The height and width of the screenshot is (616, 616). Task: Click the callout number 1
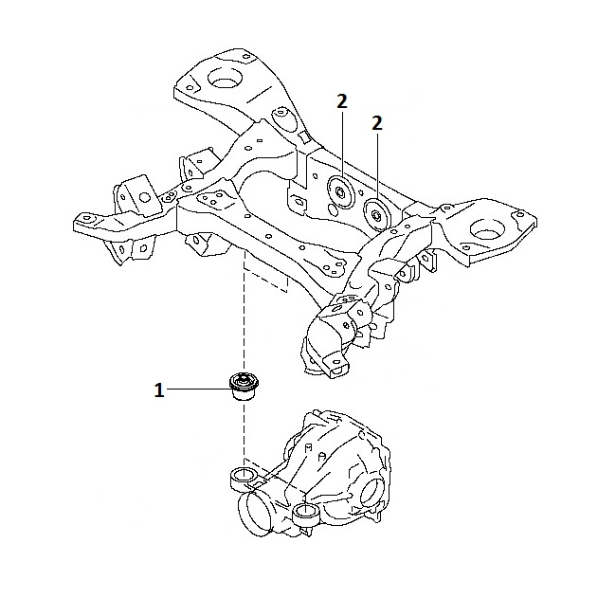click(x=160, y=389)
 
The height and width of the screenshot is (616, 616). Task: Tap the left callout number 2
click(x=341, y=102)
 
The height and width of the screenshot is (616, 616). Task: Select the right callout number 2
click(x=377, y=122)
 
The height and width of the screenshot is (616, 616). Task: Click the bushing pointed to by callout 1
click(x=245, y=388)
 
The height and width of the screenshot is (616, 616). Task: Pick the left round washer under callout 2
click(x=339, y=190)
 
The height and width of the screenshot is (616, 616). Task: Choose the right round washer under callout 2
click(x=375, y=214)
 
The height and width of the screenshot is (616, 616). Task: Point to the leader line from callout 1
click(x=199, y=389)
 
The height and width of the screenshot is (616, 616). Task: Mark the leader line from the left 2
click(x=341, y=142)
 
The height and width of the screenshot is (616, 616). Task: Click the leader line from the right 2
click(x=377, y=166)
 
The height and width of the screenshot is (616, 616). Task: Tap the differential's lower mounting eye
click(x=305, y=515)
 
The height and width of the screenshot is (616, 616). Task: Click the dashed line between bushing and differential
click(x=245, y=436)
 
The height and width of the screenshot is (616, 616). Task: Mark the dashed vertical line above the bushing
click(x=245, y=313)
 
